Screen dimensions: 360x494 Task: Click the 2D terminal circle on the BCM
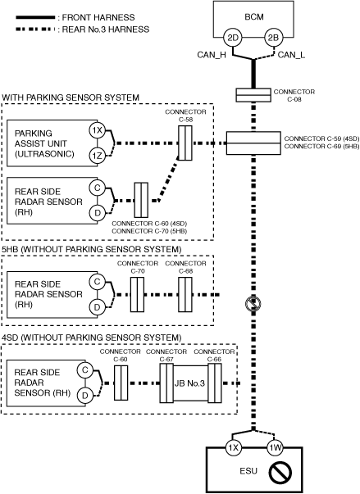[x=233, y=39]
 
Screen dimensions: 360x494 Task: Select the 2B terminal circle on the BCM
[x=273, y=39]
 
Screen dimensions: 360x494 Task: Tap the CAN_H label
[x=212, y=55]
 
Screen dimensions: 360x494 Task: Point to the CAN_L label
[x=291, y=55]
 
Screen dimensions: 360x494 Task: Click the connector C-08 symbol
[x=253, y=95]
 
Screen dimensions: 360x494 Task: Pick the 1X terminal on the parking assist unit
[x=98, y=130]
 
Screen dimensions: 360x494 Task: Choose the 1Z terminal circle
[x=98, y=156]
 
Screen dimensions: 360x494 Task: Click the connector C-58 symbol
[x=185, y=143]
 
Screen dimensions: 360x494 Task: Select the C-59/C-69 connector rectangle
[x=253, y=143]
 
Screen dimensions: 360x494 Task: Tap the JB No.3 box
[x=190, y=383]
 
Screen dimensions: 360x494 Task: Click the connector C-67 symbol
[x=166, y=383]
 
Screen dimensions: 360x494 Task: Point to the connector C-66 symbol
[x=214, y=383]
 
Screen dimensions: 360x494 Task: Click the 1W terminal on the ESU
[x=275, y=447]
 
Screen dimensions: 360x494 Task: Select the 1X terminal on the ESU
[x=233, y=447]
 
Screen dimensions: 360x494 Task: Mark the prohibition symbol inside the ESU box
[x=280, y=472]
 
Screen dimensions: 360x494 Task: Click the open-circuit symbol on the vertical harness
[x=253, y=304]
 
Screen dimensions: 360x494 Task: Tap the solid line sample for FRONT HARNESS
[x=35, y=17]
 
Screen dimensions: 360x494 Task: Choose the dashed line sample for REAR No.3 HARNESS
[x=35, y=29]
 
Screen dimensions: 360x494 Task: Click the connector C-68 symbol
[x=185, y=295]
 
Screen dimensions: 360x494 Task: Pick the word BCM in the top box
[x=254, y=16]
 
